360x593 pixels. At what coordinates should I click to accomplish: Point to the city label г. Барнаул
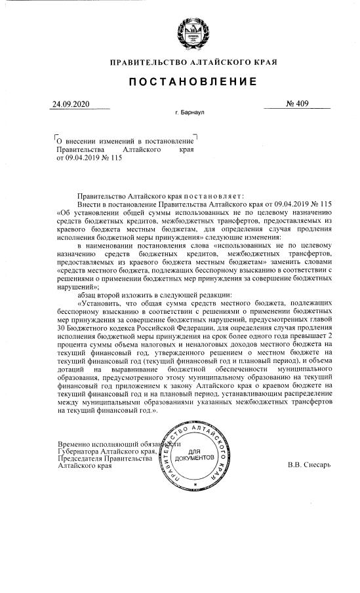point(190,113)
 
